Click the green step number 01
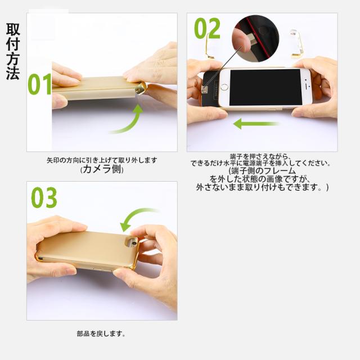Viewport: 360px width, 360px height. (40, 84)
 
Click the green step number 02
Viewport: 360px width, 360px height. (207, 29)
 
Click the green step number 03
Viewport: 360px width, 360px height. (44, 197)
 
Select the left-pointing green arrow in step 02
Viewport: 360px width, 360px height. (256, 123)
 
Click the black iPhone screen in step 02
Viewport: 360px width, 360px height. (265, 88)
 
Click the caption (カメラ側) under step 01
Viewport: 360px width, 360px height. (102, 169)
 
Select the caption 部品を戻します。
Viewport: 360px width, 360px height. (101, 334)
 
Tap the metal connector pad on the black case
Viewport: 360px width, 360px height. (204, 89)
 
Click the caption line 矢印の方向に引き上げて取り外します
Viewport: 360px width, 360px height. (102, 160)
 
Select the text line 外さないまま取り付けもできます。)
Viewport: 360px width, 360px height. (262, 187)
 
